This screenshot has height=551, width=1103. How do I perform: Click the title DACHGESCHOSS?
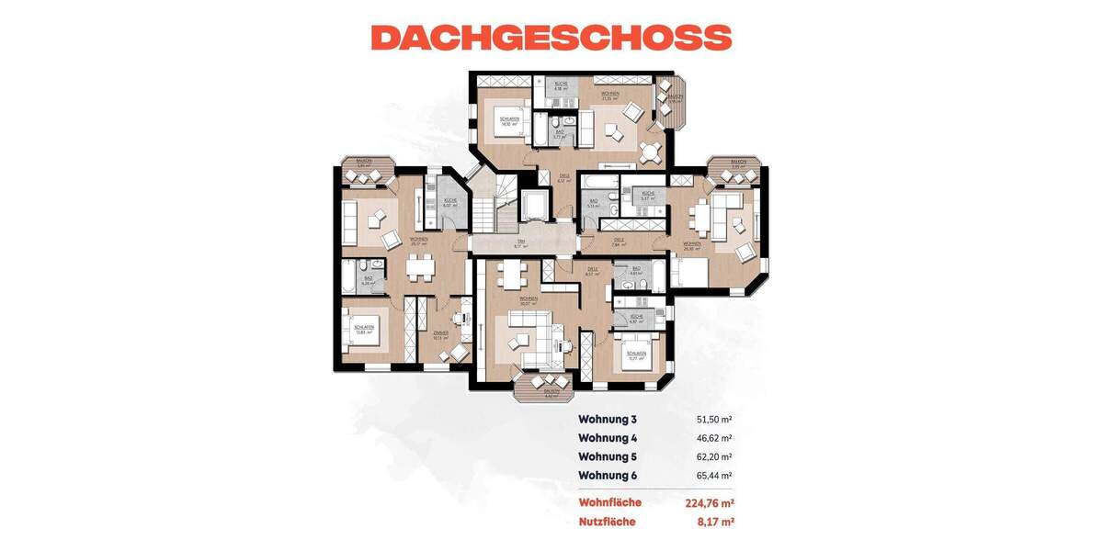point(551,37)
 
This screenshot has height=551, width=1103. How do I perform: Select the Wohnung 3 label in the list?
point(608,419)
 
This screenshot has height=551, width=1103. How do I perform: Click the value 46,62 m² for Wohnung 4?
point(713,438)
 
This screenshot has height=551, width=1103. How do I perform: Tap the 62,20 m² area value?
point(713,456)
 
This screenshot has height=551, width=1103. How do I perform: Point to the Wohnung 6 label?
point(608,476)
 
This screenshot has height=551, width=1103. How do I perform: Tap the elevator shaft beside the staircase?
point(533,206)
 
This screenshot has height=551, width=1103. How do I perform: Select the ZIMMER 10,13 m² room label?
point(440,335)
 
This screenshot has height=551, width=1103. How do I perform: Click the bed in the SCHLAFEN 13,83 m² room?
point(359,329)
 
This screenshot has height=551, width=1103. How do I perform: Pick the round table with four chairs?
point(651,149)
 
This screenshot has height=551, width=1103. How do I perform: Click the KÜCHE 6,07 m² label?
point(449,203)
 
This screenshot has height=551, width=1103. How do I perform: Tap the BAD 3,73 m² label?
point(560,134)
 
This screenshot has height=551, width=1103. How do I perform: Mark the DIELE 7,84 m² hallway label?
point(620,243)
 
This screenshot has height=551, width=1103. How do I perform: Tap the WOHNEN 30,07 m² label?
point(528,300)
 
